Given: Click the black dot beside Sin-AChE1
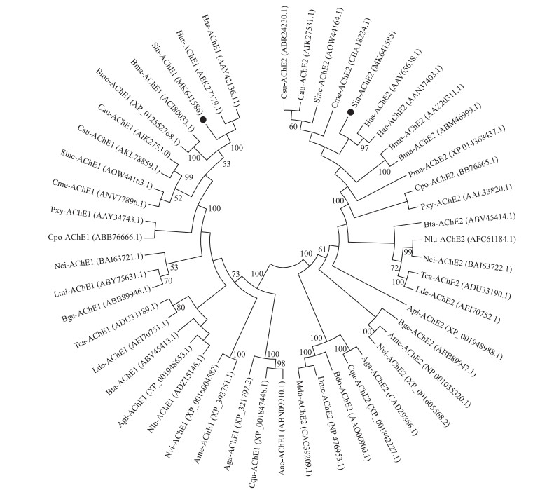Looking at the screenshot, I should pyautogui.click(x=202, y=121).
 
